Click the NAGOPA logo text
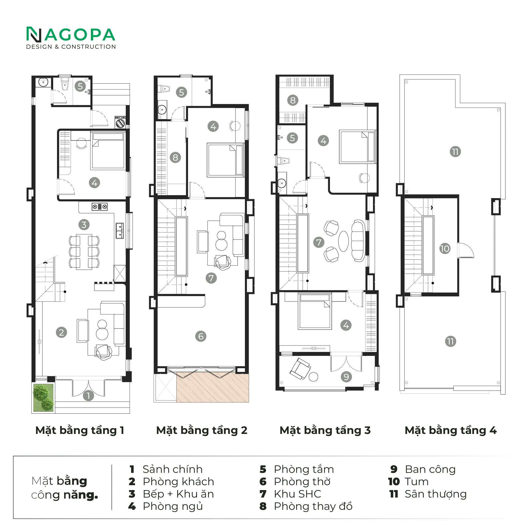tap(71, 35)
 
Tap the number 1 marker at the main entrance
tap(88, 396)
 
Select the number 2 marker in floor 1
tap(62, 332)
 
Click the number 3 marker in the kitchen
tap(84, 225)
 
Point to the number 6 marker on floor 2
tap(201, 336)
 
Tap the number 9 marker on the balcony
tap(346, 377)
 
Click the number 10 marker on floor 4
tap(445, 249)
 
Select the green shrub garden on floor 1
tap(43, 397)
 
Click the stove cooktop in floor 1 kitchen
tap(100, 207)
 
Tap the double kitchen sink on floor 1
tap(120, 231)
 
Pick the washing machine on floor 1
tap(121, 122)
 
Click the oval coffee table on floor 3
tap(343, 241)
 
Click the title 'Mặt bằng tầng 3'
tap(325, 431)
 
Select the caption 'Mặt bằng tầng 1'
tap(80, 431)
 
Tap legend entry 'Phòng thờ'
tap(302, 482)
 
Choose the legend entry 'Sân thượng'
tap(436, 494)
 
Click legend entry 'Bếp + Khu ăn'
tap(178, 494)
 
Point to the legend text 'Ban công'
tap(430, 469)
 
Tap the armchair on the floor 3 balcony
tap(300, 369)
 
